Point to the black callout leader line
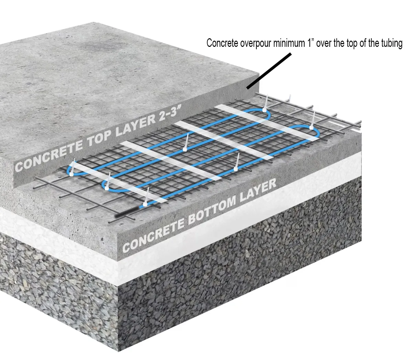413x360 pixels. (x=269, y=71)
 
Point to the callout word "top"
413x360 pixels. (x=351, y=44)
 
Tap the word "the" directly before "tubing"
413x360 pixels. (x=373, y=43)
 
